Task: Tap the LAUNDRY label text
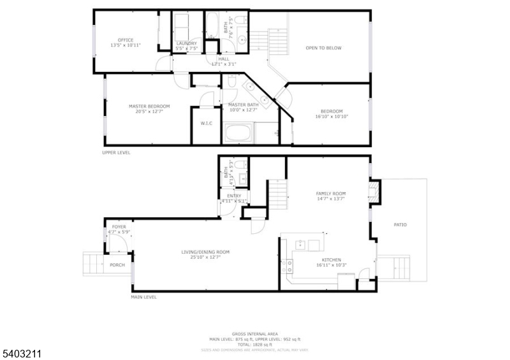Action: point(187,43)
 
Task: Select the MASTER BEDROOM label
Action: point(149,106)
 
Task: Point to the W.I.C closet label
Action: point(206,123)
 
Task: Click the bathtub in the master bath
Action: point(239,133)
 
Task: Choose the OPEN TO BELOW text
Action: point(323,48)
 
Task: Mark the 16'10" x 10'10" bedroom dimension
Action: point(331,117)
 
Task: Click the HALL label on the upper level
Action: point(223,59)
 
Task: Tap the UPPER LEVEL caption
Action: point(116,153)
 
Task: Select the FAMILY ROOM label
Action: point(331,193)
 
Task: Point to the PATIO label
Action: point(400,224)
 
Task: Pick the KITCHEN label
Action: point(331,259)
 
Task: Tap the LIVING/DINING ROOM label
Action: point(205,252)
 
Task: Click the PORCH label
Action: point(117,264)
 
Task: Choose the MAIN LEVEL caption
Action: point(143,297)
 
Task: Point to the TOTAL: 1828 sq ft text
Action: point(256,345)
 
